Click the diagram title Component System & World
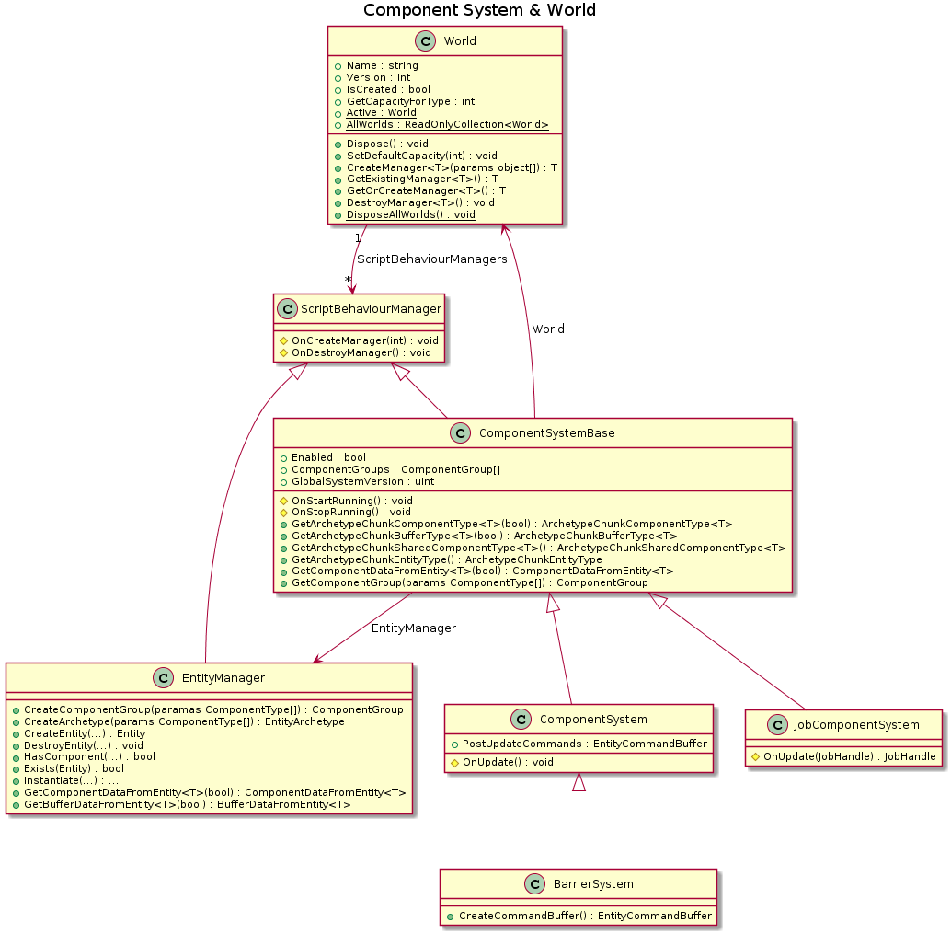pos(479,10)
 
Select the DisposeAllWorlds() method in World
pos(410,214)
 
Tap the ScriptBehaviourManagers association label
pos(431,259)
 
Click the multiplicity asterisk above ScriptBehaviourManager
pos(348,280)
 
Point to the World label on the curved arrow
pos(548,329)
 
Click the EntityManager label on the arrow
pos(413,628)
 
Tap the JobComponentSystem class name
pos(855,724)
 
